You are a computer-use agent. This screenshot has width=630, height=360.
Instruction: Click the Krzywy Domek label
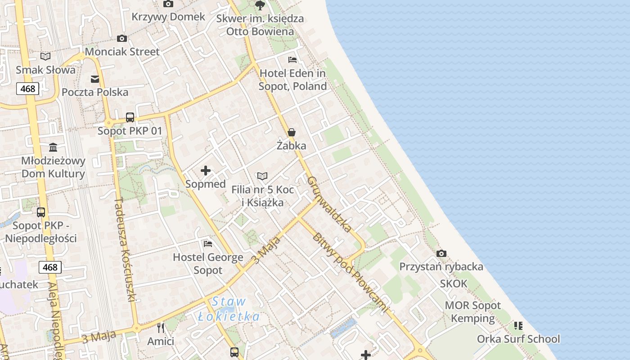(168, 17)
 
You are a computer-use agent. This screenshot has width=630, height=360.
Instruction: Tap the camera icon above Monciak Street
(121, 39)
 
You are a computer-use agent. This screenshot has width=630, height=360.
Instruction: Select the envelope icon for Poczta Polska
(95, 79)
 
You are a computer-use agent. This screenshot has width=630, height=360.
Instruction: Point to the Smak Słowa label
(45, 70)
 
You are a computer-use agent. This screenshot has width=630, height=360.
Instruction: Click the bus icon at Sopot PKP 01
(130, 117)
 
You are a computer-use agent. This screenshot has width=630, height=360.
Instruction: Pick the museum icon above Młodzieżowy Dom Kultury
(53, 148)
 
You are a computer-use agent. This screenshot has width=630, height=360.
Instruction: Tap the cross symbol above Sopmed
(206, 171)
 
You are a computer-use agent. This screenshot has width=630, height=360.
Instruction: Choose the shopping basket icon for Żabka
(292, 132)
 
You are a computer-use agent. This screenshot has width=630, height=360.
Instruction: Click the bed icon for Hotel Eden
(292, 60)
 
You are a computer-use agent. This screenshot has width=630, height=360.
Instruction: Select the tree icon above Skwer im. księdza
(260, 5)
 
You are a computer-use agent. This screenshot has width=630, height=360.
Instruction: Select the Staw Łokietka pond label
(229, 309)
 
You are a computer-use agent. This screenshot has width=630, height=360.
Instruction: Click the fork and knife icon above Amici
(161, 328)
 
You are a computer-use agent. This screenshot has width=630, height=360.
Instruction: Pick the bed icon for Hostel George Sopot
(208, 244)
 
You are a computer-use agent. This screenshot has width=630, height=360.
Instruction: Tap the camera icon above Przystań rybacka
(441, 254)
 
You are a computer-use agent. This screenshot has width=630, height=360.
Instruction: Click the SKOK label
(454, 284)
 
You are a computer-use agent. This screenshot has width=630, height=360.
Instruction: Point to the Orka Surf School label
(518, 339)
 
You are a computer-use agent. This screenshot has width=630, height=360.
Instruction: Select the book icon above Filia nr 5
(262, 176)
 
